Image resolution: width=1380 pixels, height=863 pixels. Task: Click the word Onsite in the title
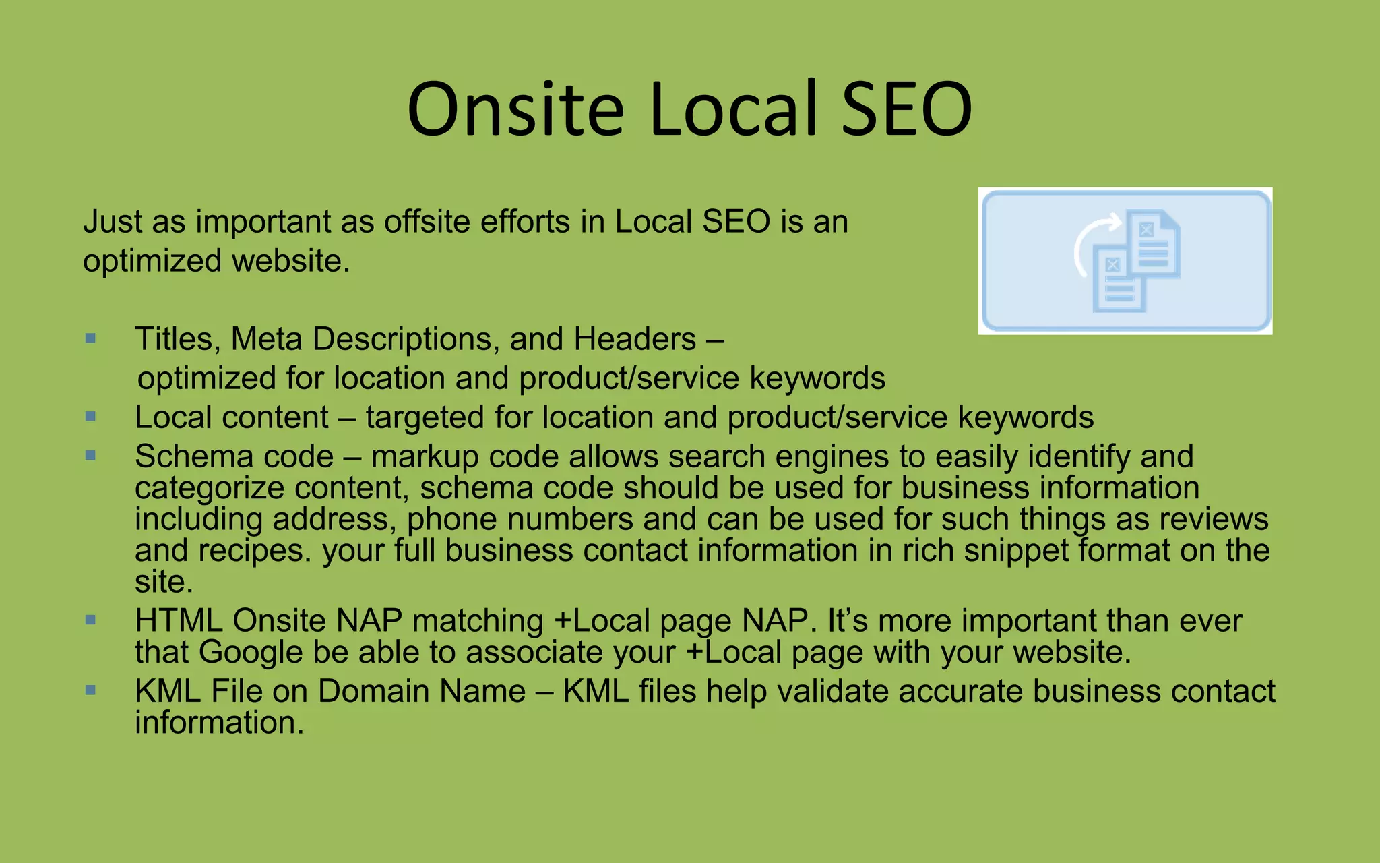[x=515, y=110]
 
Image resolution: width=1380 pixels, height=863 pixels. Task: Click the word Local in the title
[x=734, y=110]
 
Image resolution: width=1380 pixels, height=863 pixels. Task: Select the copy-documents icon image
[x=1125, y=261]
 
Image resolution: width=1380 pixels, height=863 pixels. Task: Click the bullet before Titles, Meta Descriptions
[x=91, y=338]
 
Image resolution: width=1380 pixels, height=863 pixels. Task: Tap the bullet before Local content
[x=91, y=417]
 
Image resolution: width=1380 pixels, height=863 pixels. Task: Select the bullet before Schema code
[x=91, y=456]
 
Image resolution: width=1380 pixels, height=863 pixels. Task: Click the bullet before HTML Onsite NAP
[x=91, y=620]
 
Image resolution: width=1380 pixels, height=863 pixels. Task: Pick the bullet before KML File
[x=91, y=690]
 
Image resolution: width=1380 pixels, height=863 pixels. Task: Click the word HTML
[x=179, y=621]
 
